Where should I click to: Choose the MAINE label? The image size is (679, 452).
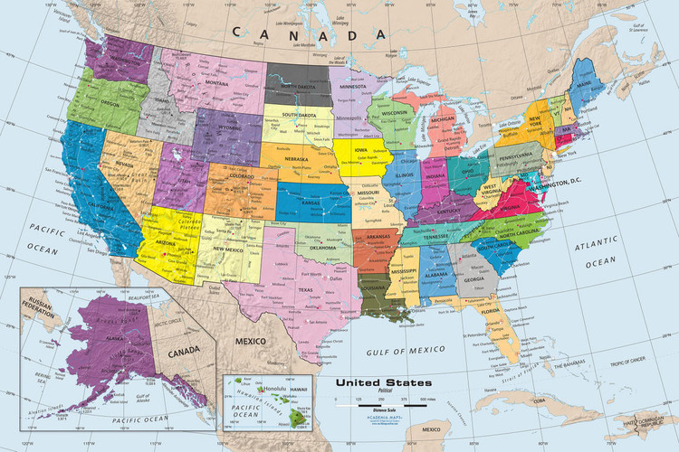(598, 87)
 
